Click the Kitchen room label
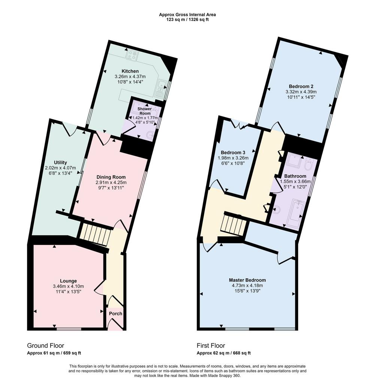pyautogui.click(x=130, y=71)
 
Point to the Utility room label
pyautogui.click(x=60, y=162)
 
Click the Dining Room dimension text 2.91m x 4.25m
pyautogui.click(x=111, y=183)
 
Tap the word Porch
pyautogui.click(x=115, y=313)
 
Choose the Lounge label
pyautogui.click(x=69, y=281)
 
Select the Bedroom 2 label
pyautogui.click(x=301, y=86)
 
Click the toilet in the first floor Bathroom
pyautogui.click(x=309, y=165)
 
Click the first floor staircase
pyautogui.click(x=233, y=225)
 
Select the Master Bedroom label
pyautogui.click(x=247, y=280)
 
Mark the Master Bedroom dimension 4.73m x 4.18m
pyautogui.click(x=247, y=285)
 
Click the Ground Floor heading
pyautogui.click(x=45, y=345)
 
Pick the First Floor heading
pyautogui.click(x=211, y=345)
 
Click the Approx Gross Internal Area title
pyautogui.click(x=187, y=15)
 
